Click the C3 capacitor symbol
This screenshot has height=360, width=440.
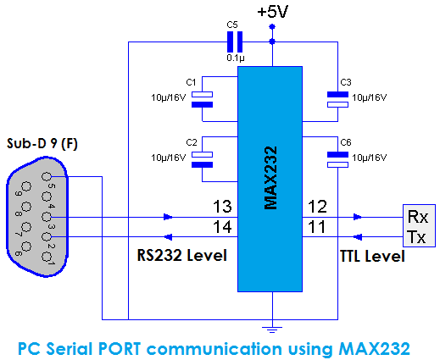click(x=337, y=99)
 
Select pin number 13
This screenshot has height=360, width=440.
click(x=222, y=207)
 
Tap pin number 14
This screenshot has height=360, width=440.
click(x=222, y=227)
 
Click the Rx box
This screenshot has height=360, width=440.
click(x=416, y=216)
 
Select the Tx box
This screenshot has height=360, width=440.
click(x=416, y=236)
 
